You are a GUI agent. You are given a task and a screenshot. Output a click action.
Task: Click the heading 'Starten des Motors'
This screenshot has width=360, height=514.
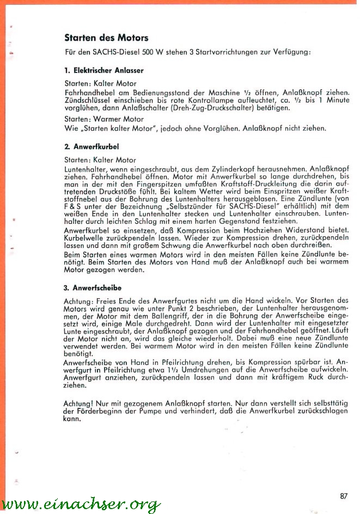pos(106,38)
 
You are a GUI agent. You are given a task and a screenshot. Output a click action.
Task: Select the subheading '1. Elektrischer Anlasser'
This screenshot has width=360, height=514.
pos(103,71)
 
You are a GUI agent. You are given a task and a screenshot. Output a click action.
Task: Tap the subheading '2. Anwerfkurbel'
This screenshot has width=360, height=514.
pos(91,147)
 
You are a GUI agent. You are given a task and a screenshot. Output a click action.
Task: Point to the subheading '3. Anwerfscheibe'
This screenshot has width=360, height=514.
pos(93,287)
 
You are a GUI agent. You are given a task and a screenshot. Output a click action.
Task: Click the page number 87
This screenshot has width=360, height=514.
pos(343,495)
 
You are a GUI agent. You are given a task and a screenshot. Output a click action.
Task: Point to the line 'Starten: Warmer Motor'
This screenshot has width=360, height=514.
pos(103,119)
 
